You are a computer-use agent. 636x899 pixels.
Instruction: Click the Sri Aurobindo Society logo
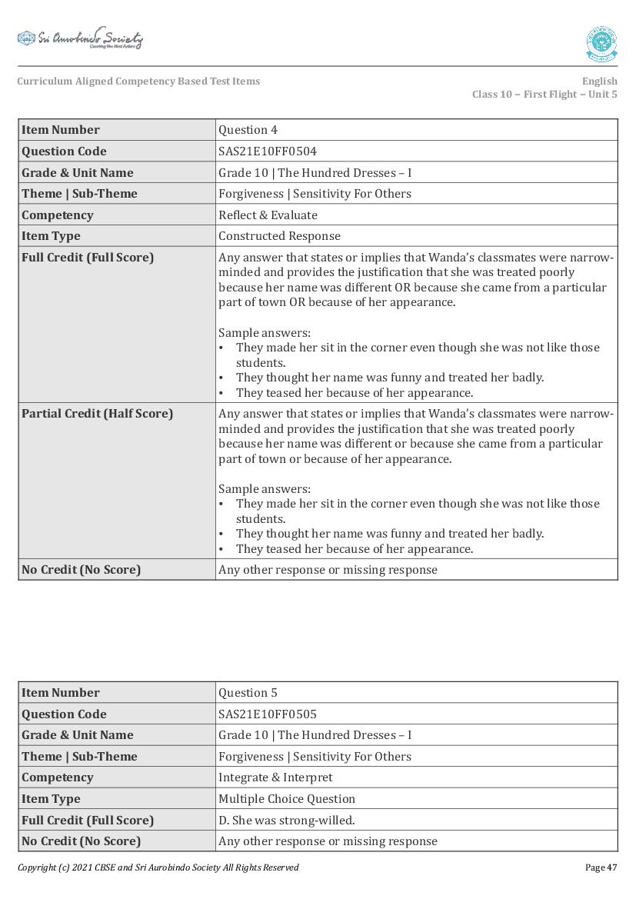(80, 38)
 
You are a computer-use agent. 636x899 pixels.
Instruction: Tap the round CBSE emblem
(601, 44)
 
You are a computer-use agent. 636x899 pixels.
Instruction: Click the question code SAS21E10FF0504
(268, 151)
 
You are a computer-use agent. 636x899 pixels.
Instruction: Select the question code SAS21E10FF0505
(268, 714)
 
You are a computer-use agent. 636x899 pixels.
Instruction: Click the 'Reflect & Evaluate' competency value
(268, 215)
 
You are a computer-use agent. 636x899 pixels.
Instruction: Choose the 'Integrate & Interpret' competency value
(275, 777)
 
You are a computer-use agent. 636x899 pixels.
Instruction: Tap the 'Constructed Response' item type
(279, 236)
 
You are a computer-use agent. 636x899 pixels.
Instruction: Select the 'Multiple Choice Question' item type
(287, 799)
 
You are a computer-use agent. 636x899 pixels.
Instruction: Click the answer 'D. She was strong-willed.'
(287, 820)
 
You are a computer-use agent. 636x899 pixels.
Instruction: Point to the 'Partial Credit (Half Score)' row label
(98, 414)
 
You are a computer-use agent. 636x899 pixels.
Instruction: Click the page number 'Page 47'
(601, 867)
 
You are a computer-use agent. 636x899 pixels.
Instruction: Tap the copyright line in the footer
(158, 867)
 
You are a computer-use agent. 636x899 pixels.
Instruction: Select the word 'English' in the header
(599, 81)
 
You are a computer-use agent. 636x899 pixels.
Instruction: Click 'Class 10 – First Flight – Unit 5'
(544, 95)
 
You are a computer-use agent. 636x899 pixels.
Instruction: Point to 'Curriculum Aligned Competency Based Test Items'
(138, 81)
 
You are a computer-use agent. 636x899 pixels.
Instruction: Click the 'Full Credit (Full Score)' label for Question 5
(88, 820)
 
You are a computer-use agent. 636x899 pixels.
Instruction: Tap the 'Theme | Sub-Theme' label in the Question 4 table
(79, 194)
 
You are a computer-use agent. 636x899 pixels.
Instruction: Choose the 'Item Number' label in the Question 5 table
(61, 693)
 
